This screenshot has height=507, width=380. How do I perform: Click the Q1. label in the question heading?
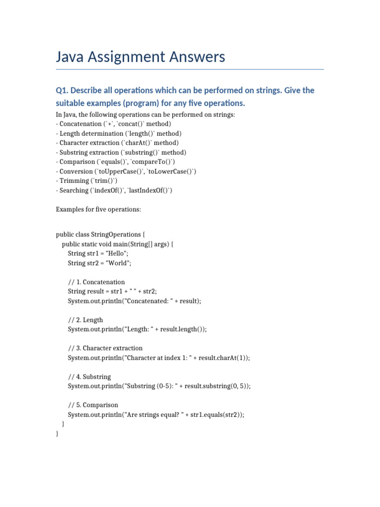tap(63, 91)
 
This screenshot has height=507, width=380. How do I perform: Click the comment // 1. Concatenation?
tap(96, 282)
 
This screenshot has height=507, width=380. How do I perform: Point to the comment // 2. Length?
tap(86, 320)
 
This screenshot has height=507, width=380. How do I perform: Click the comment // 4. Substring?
tap(90, 377)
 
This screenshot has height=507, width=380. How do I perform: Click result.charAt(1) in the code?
tap(226, 358)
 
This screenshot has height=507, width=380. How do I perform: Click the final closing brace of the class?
tap(58, 434)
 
